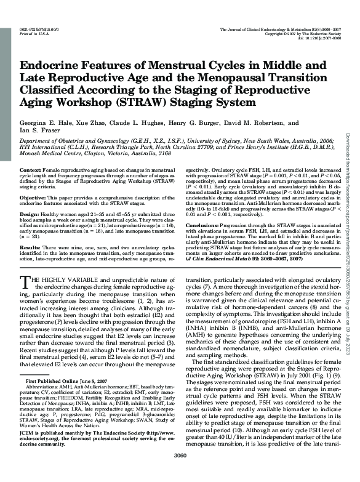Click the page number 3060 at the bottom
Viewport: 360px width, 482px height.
pos(180,473)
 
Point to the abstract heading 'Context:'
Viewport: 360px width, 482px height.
pos(31,168)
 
